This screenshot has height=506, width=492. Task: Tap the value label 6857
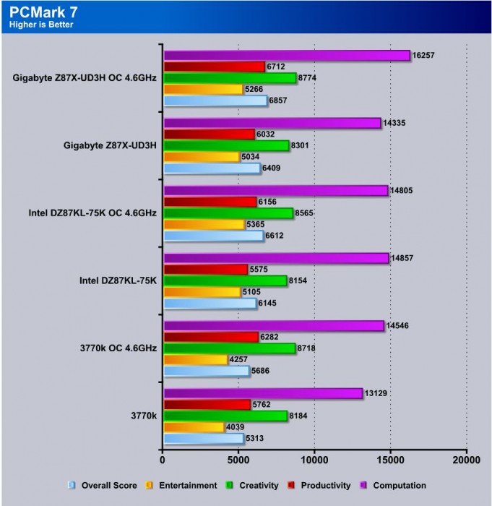pyautogui.click(x=280, y=101)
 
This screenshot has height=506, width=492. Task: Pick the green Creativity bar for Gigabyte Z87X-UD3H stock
pyautogui.click(x=226, y=145)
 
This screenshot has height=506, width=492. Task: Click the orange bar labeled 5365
pyautogui.click(x=204, y=225)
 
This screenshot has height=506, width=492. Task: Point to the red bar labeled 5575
pyautogui.click(x=206, y=270)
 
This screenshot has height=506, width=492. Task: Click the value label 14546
pyautogui.click(x=399, y=326)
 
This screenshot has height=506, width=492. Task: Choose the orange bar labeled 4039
pyautogui.click(x=194, y=427)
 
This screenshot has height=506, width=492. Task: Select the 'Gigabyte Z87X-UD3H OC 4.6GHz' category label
pyautogui.click(x=84, y=79)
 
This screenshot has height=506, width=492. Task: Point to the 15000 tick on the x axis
pyautogui.click(x=390, y=459)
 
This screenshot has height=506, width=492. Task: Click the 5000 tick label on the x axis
pyautogui.click(x=238, y=459)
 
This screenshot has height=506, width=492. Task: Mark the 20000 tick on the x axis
pyautogui.click(x=466, y=459)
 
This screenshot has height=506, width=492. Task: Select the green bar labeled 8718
pyautogui.click(x=229, y=348)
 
